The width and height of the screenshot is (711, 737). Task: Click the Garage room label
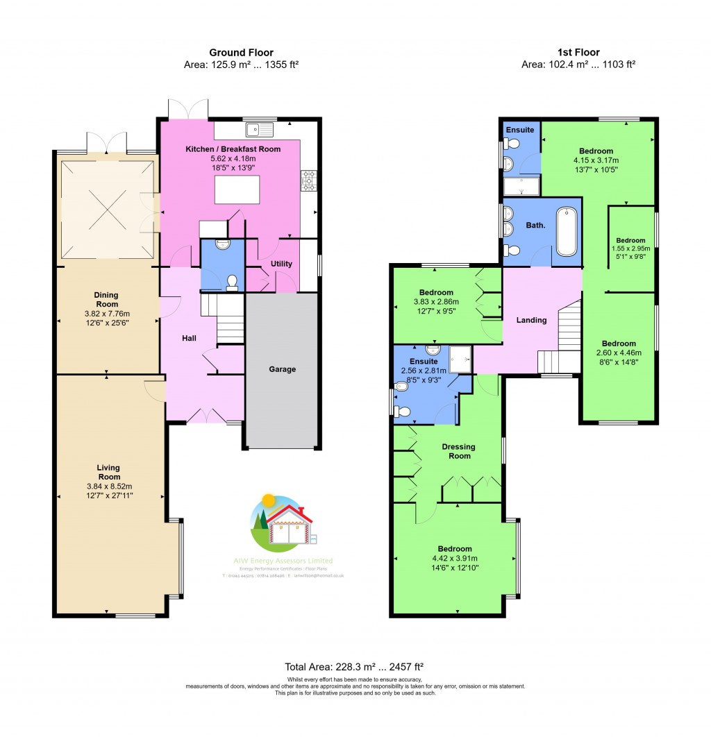(282, 369)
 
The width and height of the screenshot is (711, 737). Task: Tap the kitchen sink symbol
(260, 128)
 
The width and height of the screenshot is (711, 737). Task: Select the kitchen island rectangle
(237, 189)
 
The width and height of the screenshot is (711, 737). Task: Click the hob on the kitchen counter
(308, 180)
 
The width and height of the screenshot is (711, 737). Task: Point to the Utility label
(281, 264)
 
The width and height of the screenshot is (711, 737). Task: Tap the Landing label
(531, 320)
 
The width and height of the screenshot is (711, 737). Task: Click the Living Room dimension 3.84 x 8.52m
(109, 486)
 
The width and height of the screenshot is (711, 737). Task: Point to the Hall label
(189, 338)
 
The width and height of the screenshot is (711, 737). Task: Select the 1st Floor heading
(578, 52)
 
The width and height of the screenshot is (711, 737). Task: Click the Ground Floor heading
(241, 52)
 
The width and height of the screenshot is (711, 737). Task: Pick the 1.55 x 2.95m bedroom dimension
(632, 248)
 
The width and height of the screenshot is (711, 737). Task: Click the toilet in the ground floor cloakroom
(232, 281)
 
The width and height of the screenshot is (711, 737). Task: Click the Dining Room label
(107, 300)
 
